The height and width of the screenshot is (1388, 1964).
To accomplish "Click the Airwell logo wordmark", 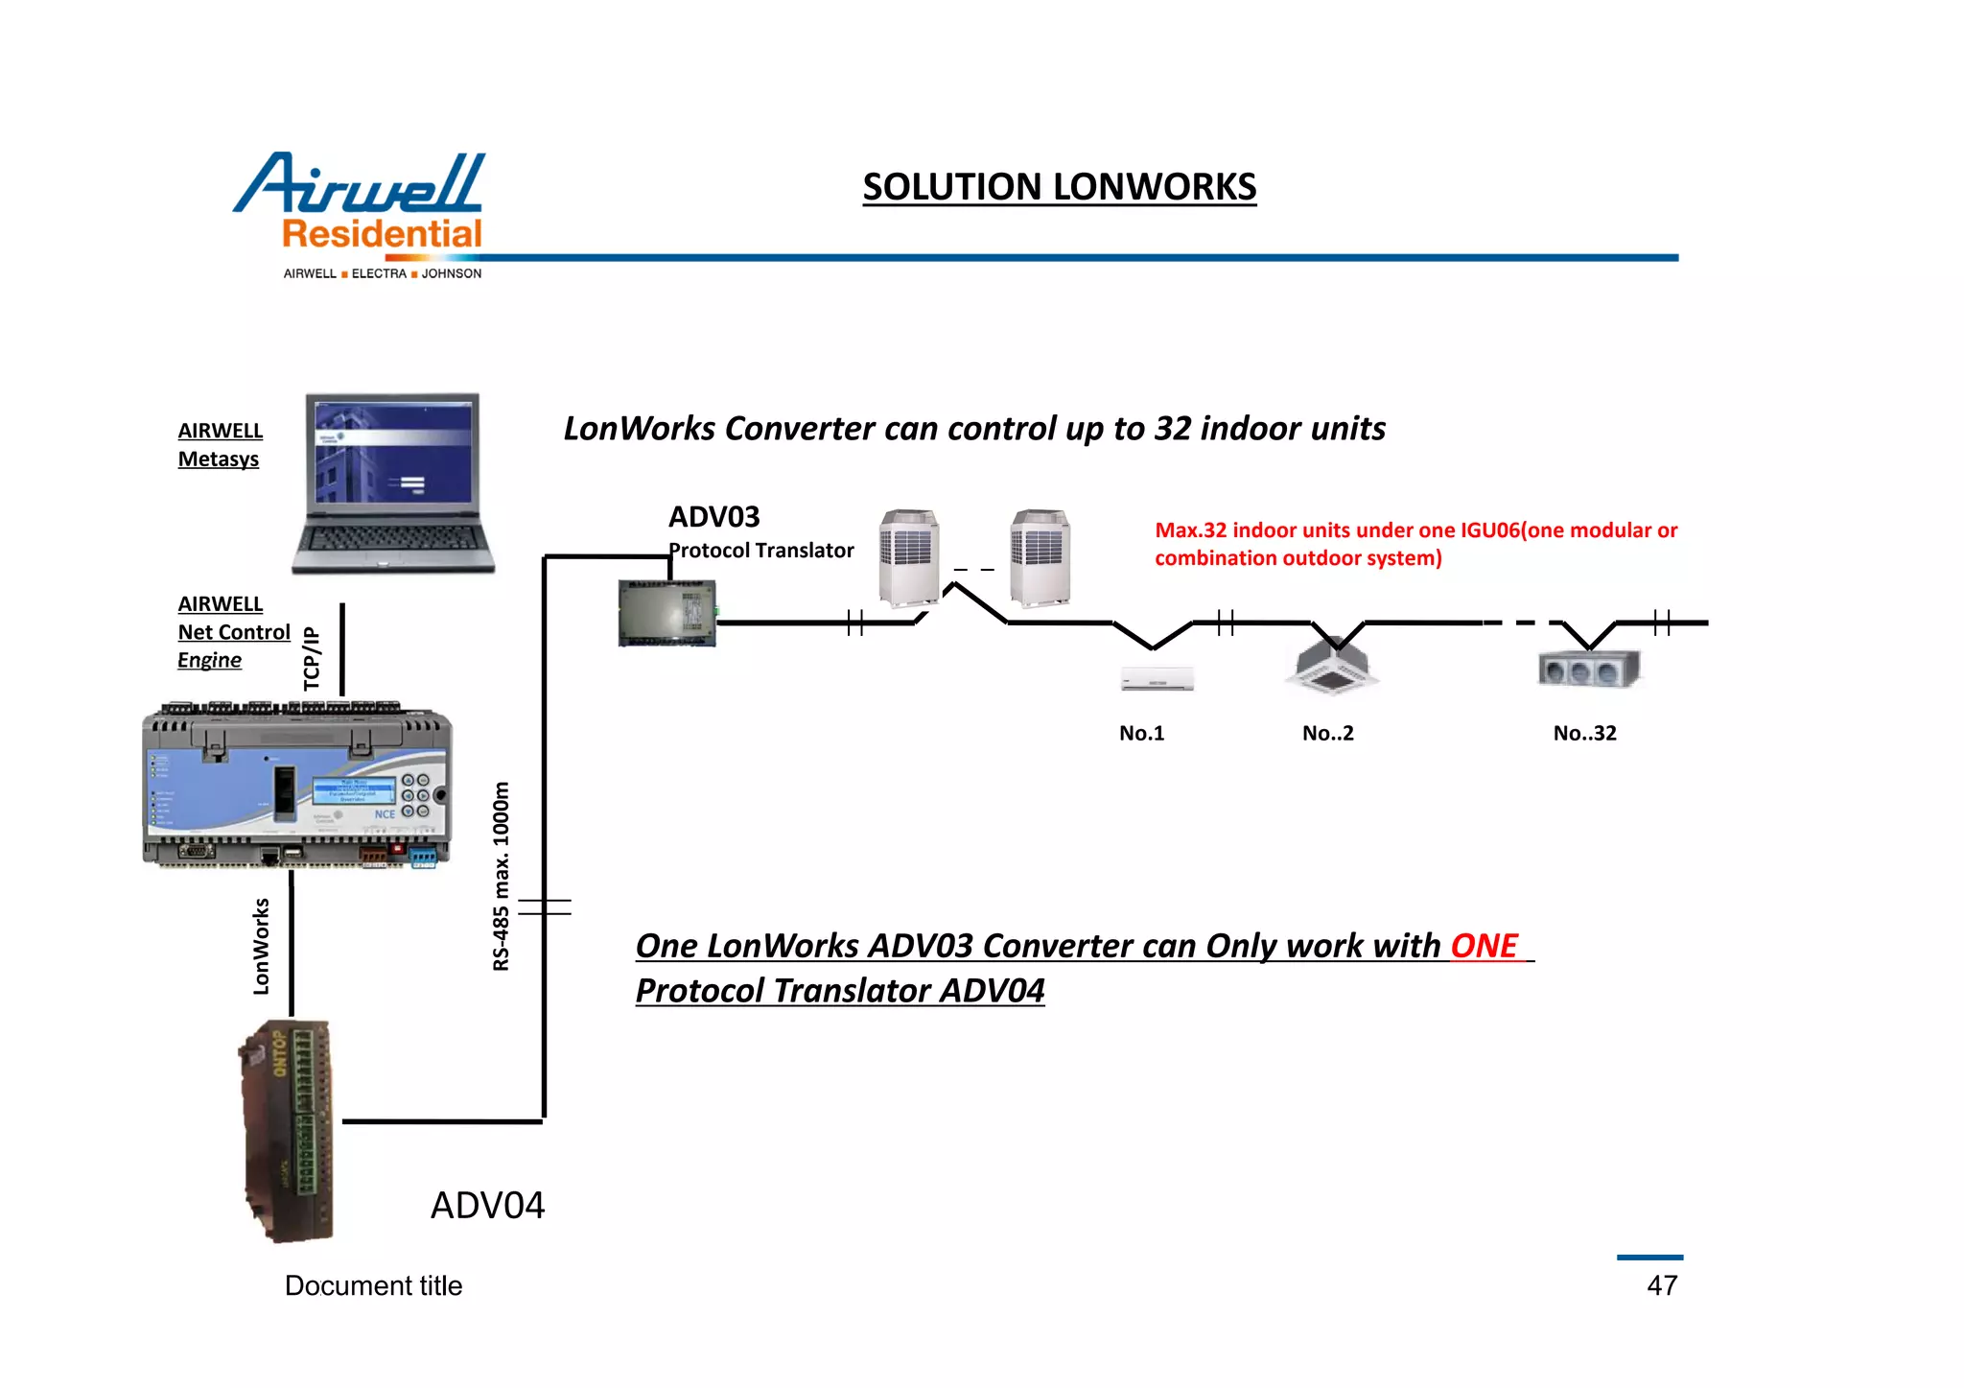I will [x=360, y=184].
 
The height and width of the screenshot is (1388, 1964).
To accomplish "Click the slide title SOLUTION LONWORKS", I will [x=1059, y=187].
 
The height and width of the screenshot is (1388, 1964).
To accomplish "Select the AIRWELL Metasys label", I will [x=220, y=445].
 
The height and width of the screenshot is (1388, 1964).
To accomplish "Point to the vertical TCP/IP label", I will [x=312, y=658].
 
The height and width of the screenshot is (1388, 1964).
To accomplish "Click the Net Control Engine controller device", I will [x=296, y=787].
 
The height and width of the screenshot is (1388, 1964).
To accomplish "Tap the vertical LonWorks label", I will [x=261, y=946].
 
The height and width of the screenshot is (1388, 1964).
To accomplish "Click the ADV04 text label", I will [x=487, y=1206].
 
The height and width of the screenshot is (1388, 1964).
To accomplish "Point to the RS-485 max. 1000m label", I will [x=501, y=876].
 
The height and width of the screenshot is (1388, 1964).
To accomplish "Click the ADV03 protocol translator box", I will [x=667, y=613].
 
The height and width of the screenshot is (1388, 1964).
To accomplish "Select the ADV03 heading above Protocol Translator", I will [x=713, y=517].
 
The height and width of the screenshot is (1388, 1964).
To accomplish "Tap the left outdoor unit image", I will [x=908, y=558].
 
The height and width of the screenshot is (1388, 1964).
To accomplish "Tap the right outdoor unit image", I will [x=1040, y=558].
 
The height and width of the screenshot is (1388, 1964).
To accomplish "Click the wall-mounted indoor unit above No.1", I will [x=1157, y=679].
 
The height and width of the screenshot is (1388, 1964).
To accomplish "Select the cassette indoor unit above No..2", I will [x=1332, y=667].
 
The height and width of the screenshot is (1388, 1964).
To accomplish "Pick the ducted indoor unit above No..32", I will [x=1588, y=668].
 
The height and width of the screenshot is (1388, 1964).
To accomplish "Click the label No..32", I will [x=1584, y=733].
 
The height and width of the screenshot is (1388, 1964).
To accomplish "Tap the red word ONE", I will [x=1484, y=946].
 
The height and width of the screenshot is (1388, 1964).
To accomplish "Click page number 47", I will [x=1662, y=1285].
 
